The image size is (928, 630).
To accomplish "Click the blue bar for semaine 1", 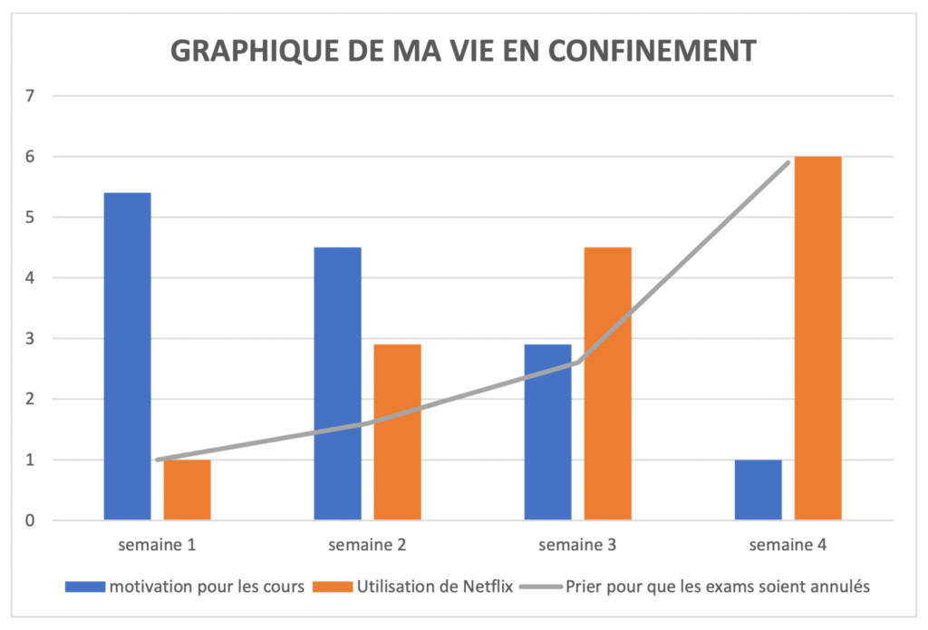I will tap(127, 356).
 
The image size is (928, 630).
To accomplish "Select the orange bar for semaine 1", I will tap(187, 489).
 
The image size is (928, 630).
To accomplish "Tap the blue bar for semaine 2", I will tap(337, 383).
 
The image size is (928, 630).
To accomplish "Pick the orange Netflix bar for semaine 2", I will tap(397, 432).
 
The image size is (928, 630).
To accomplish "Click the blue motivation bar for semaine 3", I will tap(547, 432).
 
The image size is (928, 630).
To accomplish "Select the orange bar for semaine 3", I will tap(607, 383).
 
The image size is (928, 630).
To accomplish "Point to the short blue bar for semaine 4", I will tap(758, 489).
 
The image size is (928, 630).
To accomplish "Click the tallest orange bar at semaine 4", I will tap(817, 338).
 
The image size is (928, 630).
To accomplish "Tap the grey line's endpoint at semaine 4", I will tap(788, 162).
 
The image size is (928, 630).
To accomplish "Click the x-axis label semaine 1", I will tap(157, 546).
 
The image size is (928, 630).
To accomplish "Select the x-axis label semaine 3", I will tap(577, 546).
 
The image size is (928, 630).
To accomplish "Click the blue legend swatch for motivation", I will tap(84, 586).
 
